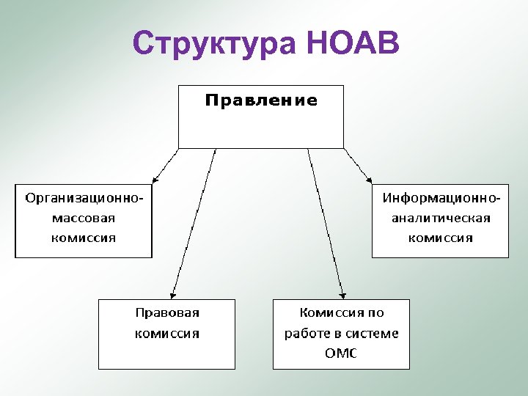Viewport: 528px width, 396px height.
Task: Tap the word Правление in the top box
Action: [261, 100]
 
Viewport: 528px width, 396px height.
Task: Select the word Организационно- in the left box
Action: [84, 197]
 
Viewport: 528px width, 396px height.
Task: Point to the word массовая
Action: [83, 218]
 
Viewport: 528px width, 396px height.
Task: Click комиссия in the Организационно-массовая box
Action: [83, 238]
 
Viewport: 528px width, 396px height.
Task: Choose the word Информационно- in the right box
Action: [441, 197]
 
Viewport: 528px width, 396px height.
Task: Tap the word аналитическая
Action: [440, 218]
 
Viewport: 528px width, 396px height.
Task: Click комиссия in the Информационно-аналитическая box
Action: [440, 238]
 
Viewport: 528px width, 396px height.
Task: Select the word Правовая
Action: [167, 312]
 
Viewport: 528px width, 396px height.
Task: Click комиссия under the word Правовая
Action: [167, 333]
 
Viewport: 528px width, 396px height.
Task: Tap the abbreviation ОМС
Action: [340, 353]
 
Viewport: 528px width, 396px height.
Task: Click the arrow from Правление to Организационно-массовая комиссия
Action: [165, 166]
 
